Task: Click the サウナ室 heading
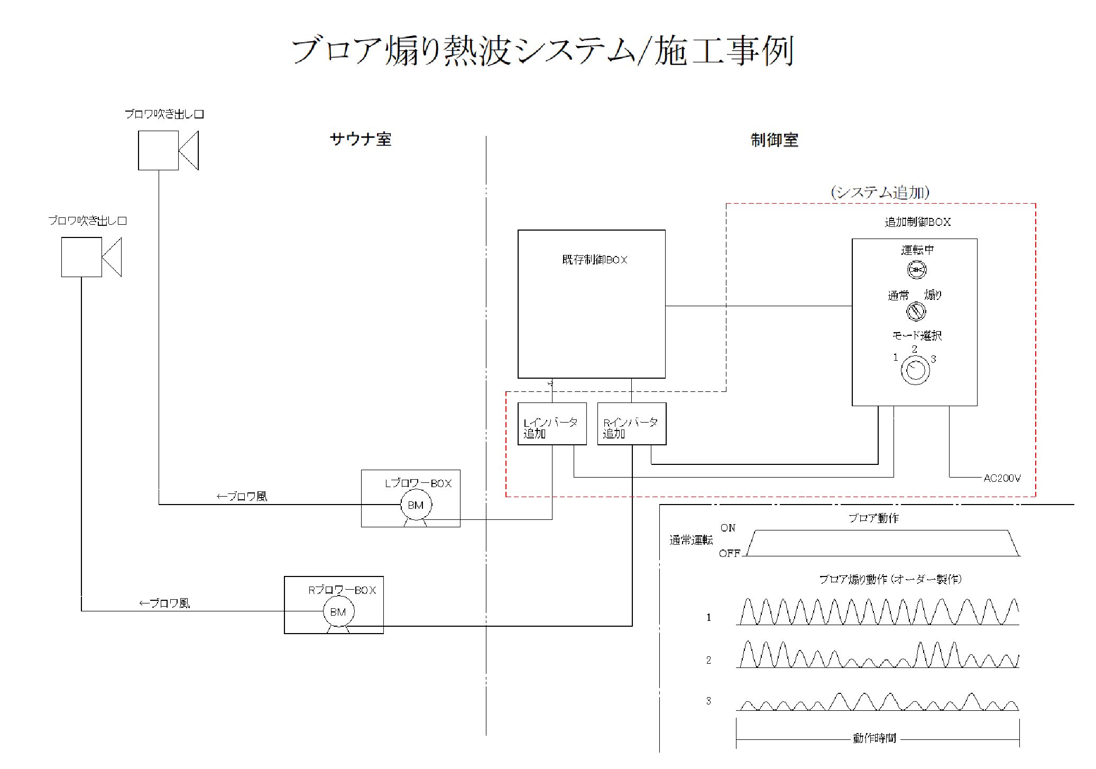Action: click(x=360, y=140)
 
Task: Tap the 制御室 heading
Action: click(x=774, y=140)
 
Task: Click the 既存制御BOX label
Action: click(x=594, y=260)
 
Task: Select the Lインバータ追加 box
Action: click(x=551, y=424)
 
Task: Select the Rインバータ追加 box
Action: click(x=631, y=424)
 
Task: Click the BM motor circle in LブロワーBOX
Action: click(x=416, y=505)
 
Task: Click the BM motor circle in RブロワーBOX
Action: click(x=338, y=612)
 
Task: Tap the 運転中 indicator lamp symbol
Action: click(x=916, y=270)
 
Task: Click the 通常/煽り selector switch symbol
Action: click(x=916, y=311)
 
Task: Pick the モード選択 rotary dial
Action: click(x=915, y=370)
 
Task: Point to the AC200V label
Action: click(x=1002, y=478)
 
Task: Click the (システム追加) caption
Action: click(x=880, y=192)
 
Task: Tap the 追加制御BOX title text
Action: click(x=917, y=222)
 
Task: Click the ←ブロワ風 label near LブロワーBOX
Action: click(x=242, y=497)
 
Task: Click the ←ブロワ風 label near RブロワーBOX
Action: click(x=164, y=603)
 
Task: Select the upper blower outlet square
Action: click(x=158, y=151)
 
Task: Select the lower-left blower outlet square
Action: click(x=81, y=257)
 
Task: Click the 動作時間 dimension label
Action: click(x=874, y=738)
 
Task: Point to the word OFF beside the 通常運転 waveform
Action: click(x=729, y=554)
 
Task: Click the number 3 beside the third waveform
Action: click(x=708, y=701)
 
